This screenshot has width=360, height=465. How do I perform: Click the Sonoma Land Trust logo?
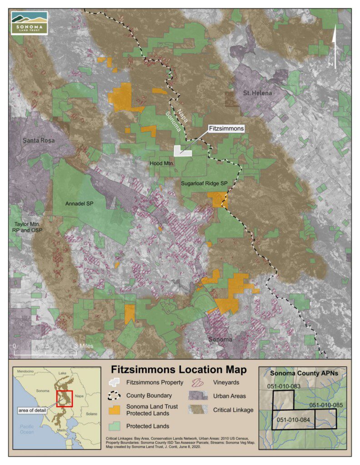pos(30,23)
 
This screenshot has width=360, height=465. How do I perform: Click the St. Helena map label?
pos(257,93)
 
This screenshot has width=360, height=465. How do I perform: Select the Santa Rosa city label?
pos(39,140)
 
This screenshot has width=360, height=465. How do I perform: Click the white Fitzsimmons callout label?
pos(226,129)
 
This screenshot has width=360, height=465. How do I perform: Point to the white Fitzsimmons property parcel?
pos(183,152)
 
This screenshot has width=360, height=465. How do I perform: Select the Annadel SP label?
pos(79,203)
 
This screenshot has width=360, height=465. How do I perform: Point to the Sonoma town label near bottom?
pos(220,339)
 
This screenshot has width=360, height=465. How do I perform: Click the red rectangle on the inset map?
pos(64,399)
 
